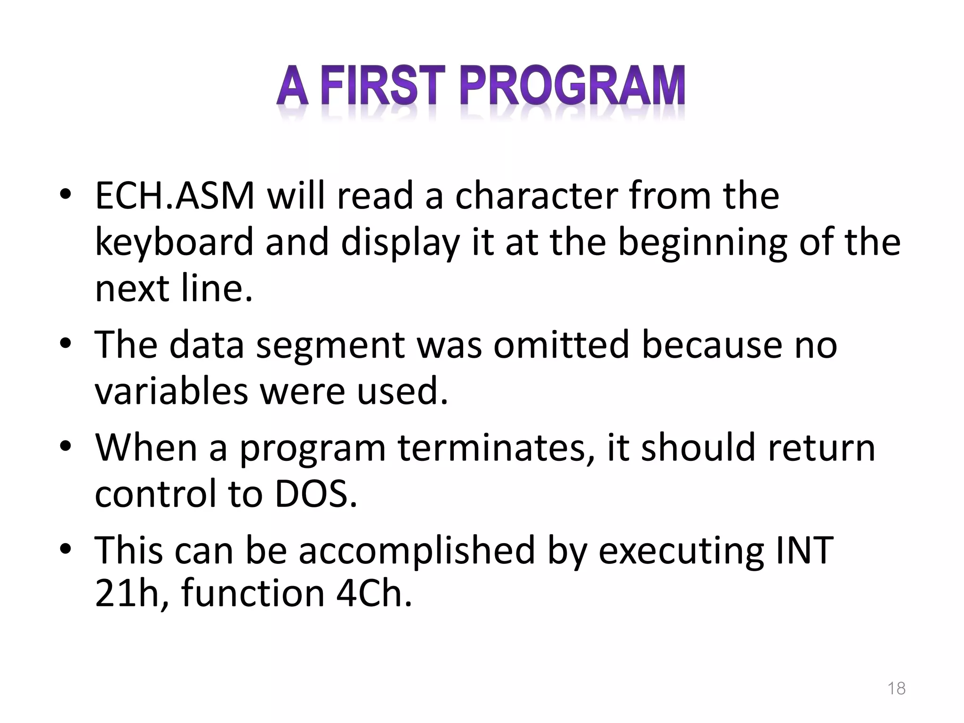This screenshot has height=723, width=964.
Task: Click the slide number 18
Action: click(x=896, y=688)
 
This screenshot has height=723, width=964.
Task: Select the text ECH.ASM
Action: click(x=175, y=195)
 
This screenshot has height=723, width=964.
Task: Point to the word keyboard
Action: click(x=174, y=242)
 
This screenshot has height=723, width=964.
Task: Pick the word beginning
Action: click(x=702, y=242)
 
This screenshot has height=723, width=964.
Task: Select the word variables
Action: click(x=171, y=391)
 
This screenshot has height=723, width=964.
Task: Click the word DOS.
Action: click(x=316, y=493)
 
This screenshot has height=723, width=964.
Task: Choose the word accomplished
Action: click(x=417, y=550)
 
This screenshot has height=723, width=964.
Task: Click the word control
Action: click(x=155, y=493)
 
